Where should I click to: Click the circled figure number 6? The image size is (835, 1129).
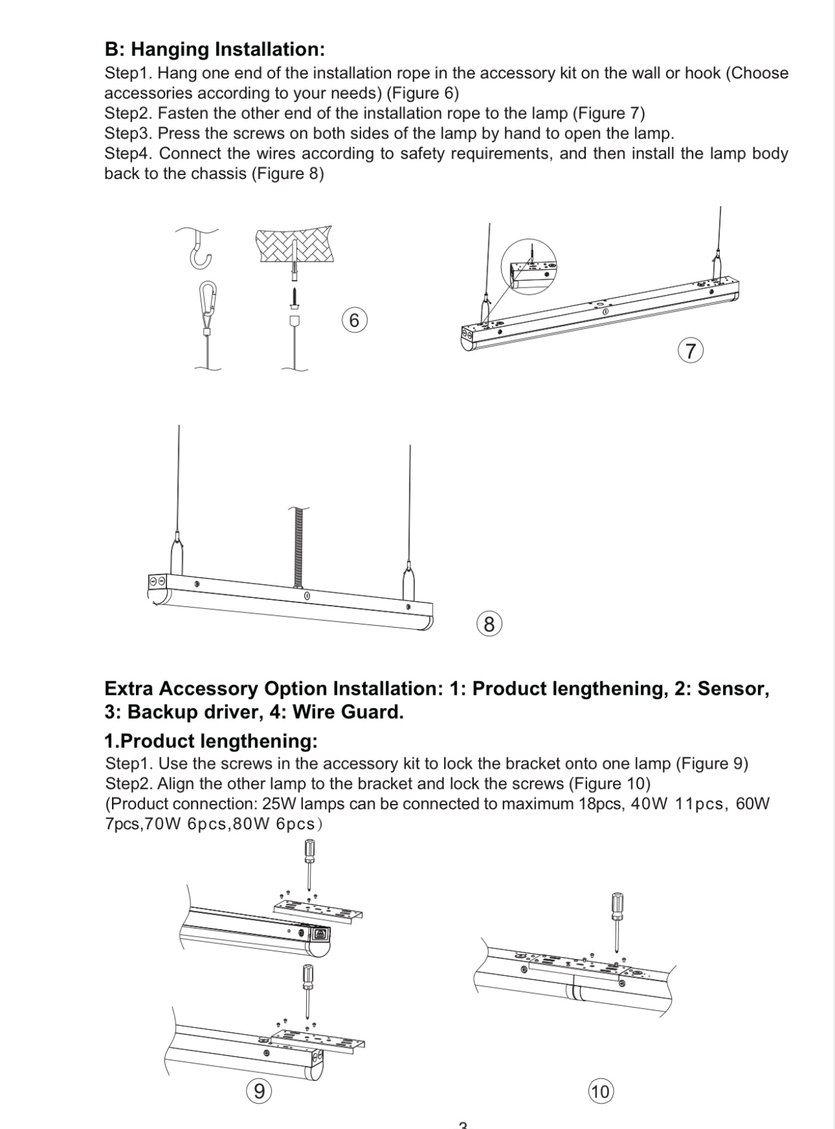(354, 320)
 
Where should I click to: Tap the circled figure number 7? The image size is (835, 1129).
(691, 350)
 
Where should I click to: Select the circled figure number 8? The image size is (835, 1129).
(489, 625)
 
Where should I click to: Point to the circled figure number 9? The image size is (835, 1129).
(259, 1091)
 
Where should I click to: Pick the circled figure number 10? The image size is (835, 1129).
(600, 1092)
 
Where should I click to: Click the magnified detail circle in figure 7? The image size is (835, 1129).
(530, 267)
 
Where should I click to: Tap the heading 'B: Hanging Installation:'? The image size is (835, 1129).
(215, 49)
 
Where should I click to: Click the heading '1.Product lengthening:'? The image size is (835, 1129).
(211, 740)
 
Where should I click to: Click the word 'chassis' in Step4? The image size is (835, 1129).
(219, 174)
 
